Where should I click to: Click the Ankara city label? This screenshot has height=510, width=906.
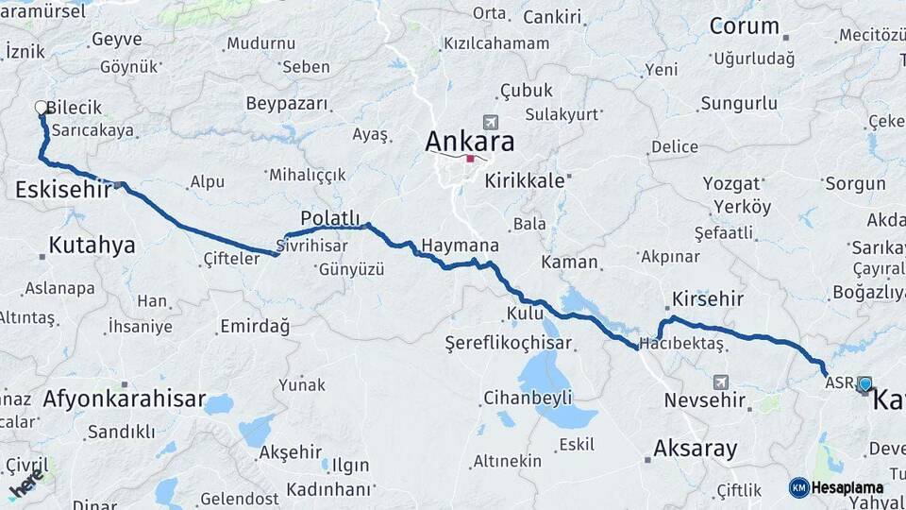click(x=470, y=142)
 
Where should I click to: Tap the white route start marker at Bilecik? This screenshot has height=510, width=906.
click(x=41, y=108)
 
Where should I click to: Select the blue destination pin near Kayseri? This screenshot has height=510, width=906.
click(x=864, y=383)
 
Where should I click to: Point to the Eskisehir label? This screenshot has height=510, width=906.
click(x=61, y=191)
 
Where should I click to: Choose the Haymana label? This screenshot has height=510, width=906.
click(x=459, y=246)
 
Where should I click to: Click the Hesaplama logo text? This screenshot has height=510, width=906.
click(x=847, y=487)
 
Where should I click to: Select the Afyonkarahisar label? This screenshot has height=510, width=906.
click(x=124, y=399)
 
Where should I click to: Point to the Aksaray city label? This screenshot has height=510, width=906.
click(x=695, y=449)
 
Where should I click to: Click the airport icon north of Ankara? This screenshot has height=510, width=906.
click(x=490, y=123)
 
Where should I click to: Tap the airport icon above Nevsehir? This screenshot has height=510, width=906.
click(x=721, y=382)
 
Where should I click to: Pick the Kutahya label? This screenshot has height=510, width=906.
click(x=92, y=246)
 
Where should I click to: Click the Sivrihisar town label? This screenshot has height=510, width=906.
click(x=311, y=246)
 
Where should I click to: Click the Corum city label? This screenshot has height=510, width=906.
click(x=744, y=26)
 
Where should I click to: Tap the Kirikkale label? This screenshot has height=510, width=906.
click(x=525, y=179)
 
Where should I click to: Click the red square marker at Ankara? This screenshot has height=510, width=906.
click(x=470, y=159)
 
